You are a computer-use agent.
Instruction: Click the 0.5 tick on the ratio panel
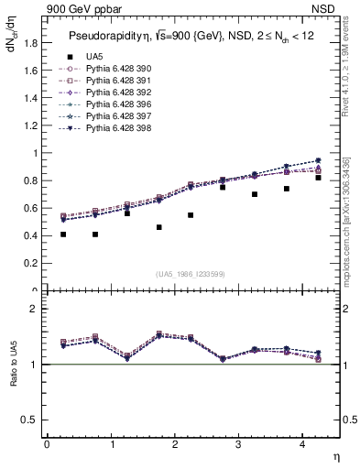[x=29, y=420]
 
